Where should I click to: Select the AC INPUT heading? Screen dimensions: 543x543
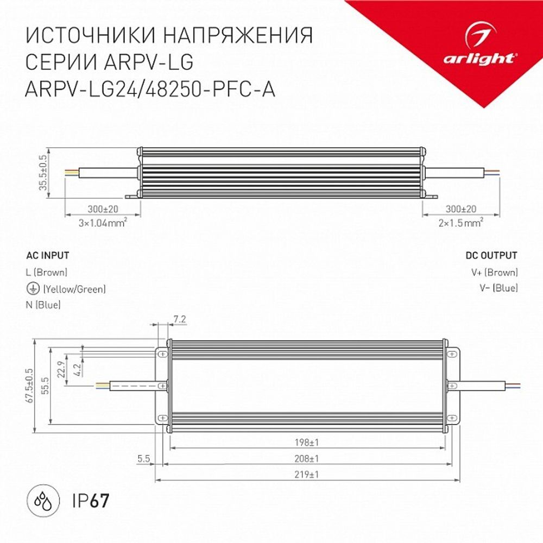[48, 255]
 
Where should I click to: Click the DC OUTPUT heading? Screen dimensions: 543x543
[491, 255]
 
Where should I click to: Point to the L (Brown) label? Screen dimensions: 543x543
[47, 273]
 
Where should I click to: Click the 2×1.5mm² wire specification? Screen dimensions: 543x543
[460, 222]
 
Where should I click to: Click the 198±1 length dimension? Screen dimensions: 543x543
[310, 441]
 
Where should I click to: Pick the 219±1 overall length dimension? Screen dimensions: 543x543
[310, 474]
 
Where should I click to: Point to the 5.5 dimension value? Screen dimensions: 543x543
[143, 459]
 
